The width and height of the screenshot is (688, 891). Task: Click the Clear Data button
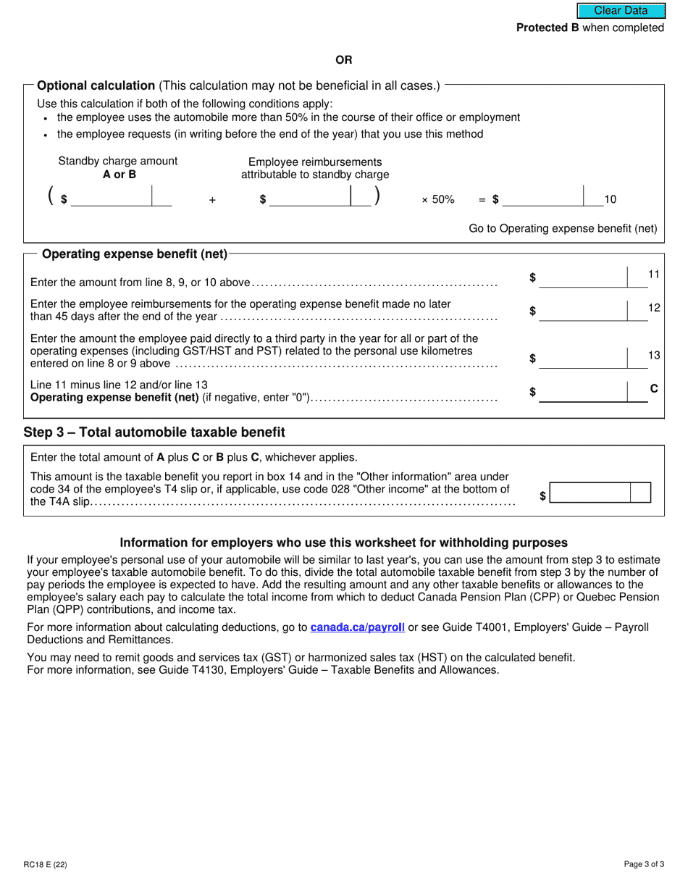tap(621, 11)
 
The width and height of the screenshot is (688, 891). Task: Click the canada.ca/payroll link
tap(357, 627)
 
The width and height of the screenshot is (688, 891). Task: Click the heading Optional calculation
tap(96, 85)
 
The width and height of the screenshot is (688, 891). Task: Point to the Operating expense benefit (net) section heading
tap(135, 254)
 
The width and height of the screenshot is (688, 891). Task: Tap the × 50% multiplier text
tap(438, 199)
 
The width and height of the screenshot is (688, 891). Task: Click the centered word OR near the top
tap(344, 59)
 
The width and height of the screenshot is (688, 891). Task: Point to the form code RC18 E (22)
tap(46, 864)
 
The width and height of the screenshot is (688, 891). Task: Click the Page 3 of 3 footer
tap(644, 864)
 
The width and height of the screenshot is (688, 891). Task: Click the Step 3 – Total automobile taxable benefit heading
tap(154, 432)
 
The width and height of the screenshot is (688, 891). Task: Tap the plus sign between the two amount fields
tap(212, 200)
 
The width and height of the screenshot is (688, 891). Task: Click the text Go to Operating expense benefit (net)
tap(563, 228)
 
